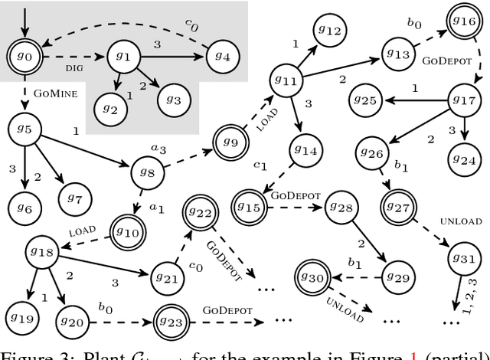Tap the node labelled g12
329,31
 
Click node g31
463,259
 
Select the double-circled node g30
313,277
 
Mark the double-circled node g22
200,211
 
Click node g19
23,316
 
